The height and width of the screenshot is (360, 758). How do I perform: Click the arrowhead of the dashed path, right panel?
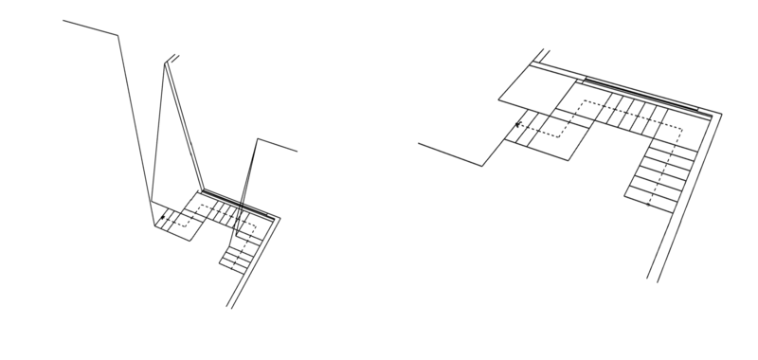coord(516,124)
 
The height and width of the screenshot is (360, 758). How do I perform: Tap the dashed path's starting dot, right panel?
coord(649,203)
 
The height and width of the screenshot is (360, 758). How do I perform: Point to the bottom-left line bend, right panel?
coord(483,166)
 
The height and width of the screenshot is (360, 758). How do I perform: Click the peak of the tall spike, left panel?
coord(170,60)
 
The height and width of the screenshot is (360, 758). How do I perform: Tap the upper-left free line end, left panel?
coord(63,21)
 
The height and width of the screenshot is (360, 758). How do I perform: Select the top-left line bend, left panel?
coord(117,37)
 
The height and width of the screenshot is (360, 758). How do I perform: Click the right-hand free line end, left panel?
coord(298,151)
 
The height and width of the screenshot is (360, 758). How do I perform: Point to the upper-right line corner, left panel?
coord(257,139)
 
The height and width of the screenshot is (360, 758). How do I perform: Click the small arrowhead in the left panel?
coord(162,219)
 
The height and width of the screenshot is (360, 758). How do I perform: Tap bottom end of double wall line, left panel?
coord(229,308)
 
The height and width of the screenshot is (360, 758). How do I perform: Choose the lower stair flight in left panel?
coord(240,255)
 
